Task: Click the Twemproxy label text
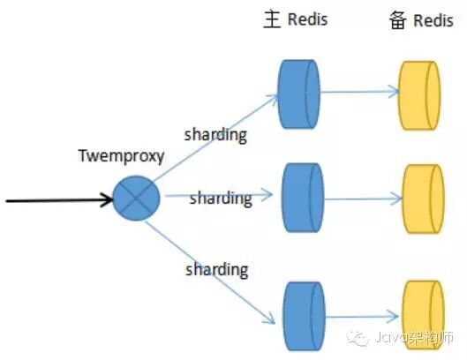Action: [x=121, y=156]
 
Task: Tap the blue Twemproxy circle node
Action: [x=137, y=198]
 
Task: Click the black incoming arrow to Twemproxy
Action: [x=59, y=200]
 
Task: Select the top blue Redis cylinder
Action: [x=299, y=94]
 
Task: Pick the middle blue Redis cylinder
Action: [x=303, y=198]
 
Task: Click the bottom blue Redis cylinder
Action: [x=304, y=316]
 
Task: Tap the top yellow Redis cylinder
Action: [x=419, y=95]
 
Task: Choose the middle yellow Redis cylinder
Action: [x=423, y=199]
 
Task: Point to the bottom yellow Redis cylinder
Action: [x=423, y=314]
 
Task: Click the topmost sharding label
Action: [x=215, y=135]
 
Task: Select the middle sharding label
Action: [x=221, y=198]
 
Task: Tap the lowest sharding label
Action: [x=216, y=270]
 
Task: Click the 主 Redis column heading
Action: [x=296, y=19]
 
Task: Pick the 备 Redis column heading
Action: [x=421, y=20]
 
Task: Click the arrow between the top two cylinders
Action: [x=360, y=92]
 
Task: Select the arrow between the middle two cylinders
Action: [x=364, y=199]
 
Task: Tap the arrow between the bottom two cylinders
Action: [x=363, y=316]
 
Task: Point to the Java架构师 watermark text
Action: [x=414, y=338]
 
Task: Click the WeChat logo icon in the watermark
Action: [x=358, y=338]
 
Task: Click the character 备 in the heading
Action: [x=398, y=20]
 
